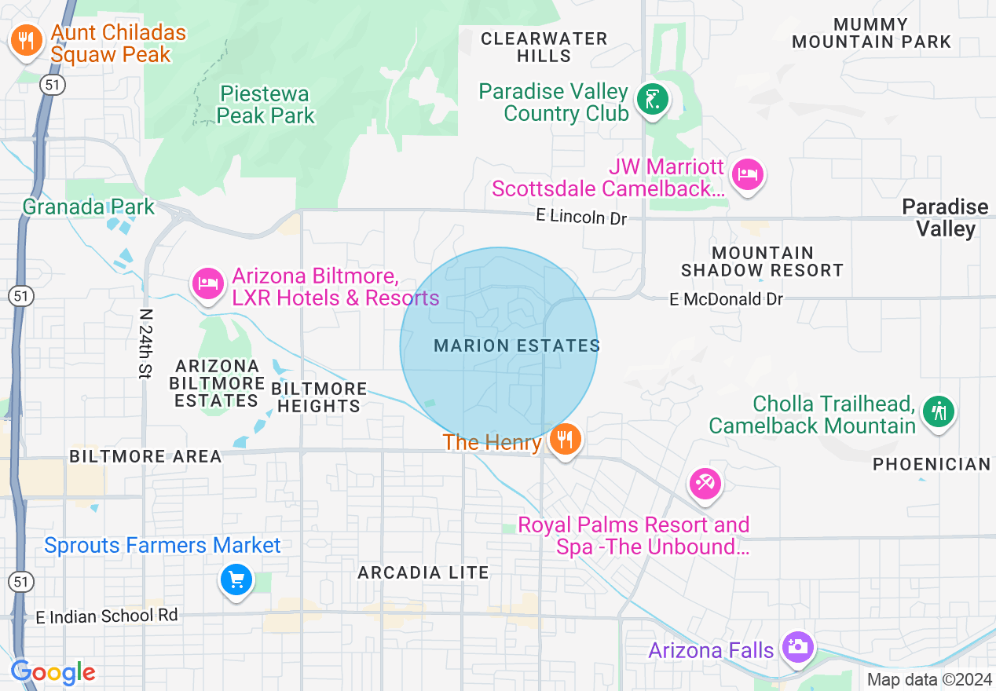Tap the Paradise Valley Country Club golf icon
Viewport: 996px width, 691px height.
(x=652, y=99)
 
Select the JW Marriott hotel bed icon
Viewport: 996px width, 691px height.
(x=747, y=173)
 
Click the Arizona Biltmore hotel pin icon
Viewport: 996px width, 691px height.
(x=208, y=282)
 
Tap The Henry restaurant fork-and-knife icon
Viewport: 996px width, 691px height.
(x=564, y=438)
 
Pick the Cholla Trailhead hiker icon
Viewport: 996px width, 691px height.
(x=938, y=411)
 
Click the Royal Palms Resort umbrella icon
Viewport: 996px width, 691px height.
(x=704, y=482)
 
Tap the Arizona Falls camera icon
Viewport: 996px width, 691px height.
(x=798, y=648)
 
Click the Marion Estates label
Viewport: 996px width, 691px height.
(x=517, y=345)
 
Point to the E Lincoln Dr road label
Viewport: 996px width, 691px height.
(x=582, y=216)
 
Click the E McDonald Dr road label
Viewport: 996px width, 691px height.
(x=727, y=299)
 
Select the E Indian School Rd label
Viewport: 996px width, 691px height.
(x=107, y=616)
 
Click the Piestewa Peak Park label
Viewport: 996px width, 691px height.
(x=265, y=105)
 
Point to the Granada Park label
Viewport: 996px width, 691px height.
(x=89, y=207)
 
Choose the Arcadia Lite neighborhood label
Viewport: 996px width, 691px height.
(x=423, y=572)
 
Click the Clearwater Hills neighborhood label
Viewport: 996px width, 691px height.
(x=544, y=47)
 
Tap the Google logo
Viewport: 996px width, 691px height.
(x=53, y=672)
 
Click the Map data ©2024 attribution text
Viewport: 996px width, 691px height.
(x=929, y=679)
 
